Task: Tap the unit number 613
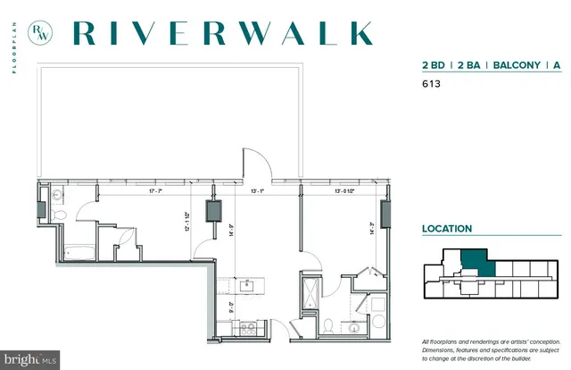432,86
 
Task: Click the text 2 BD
434,65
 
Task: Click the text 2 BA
469,65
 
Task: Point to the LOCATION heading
447,229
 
